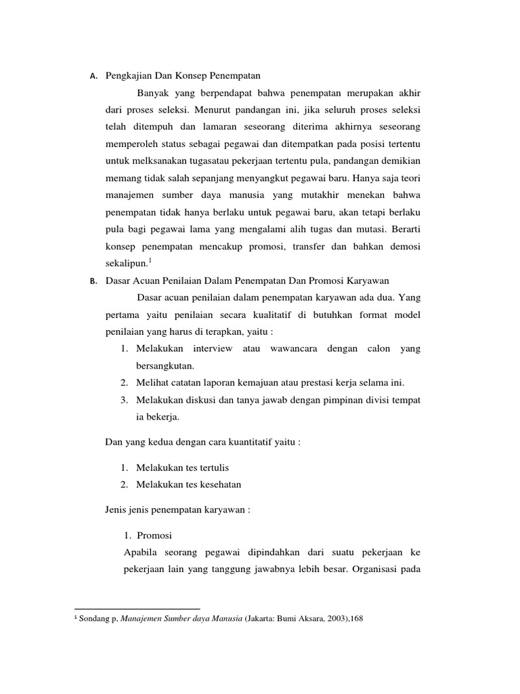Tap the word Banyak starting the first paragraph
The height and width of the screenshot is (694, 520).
152,92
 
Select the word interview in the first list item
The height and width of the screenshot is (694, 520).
194,348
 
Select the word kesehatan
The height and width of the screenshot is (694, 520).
219,485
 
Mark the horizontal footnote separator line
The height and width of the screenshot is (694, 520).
137,609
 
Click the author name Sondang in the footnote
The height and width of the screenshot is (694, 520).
93,619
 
